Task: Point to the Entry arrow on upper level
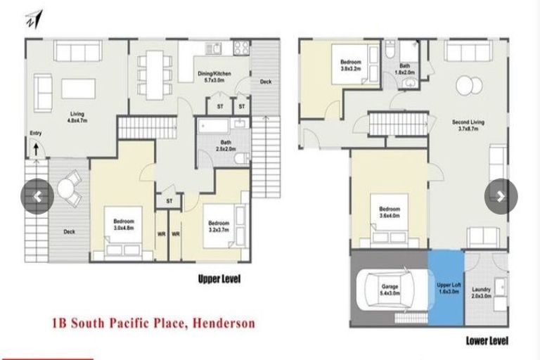pos(34,148)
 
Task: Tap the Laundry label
pos(481,292)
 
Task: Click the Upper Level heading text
pos(219,279)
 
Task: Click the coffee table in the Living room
pos(78,88)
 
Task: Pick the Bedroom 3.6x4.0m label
pos(390,212)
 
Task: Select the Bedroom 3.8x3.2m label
pos(351,65)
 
